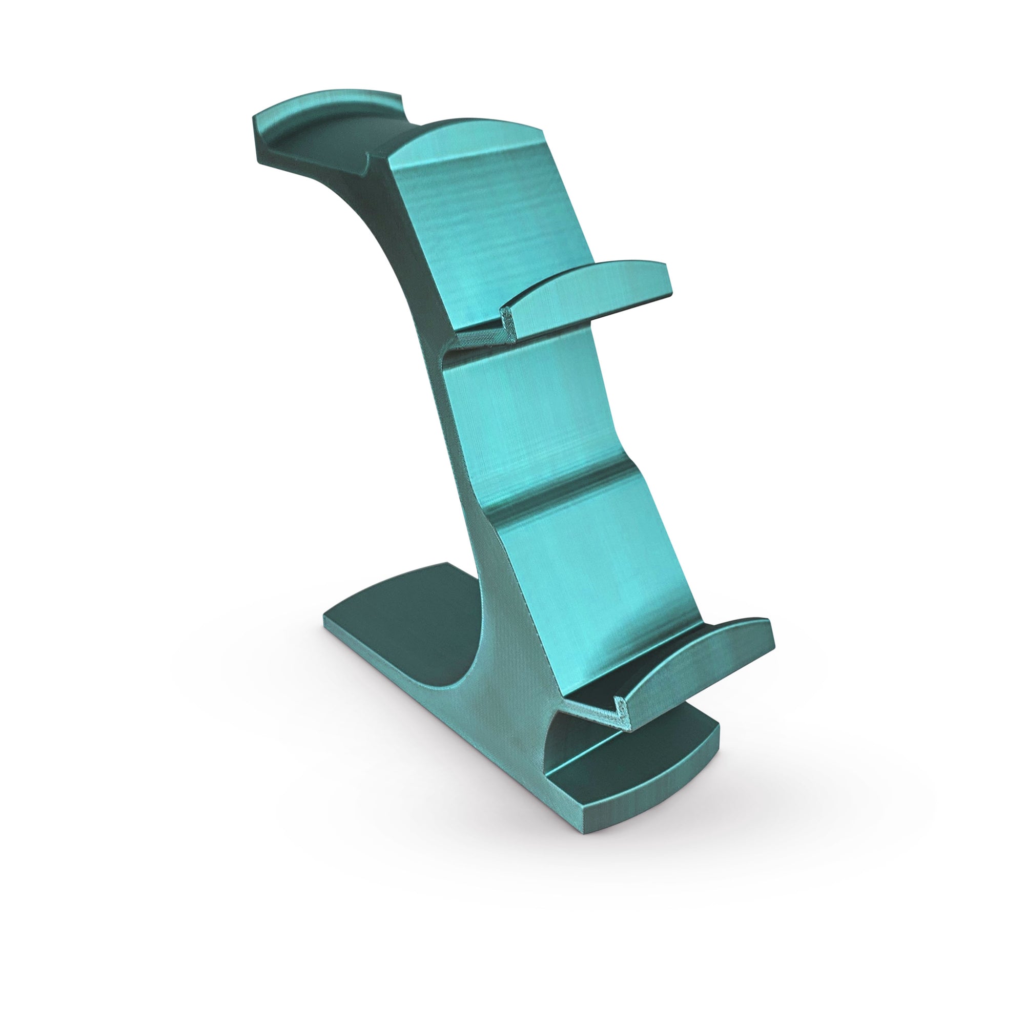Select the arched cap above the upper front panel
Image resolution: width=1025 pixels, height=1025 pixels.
point(467,135)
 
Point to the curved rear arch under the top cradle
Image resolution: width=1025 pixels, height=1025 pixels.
point(366,223)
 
